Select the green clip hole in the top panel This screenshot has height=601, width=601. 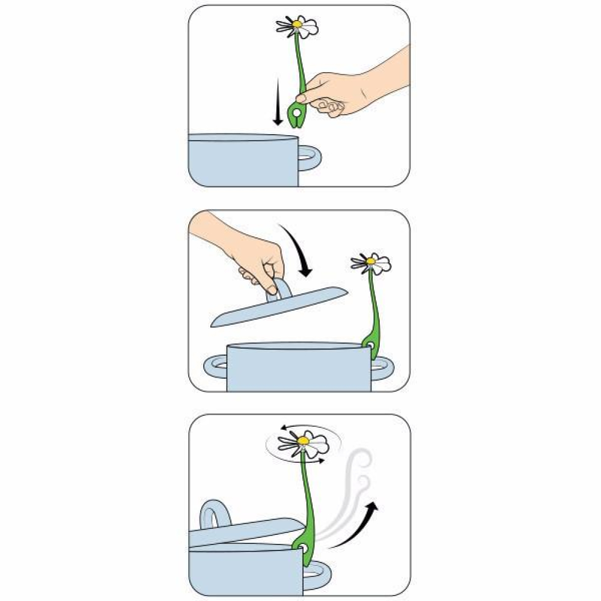[x=296, y=111]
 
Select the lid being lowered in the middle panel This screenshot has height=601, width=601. [x=279, y=307]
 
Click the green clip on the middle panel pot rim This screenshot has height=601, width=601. [x=373, y=347]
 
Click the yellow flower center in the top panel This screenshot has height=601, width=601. [x=297, y=23]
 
